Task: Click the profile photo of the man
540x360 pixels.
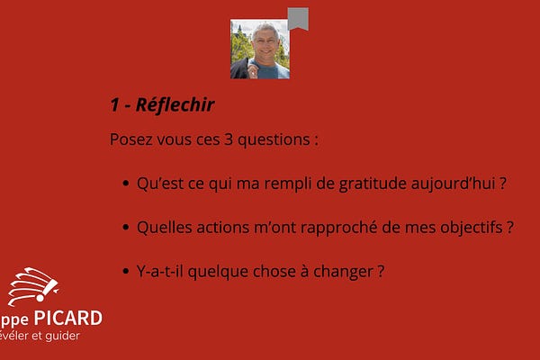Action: pos(260,49)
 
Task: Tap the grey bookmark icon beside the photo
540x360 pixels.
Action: pos(299,19)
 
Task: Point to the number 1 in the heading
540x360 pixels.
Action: pos(115,104)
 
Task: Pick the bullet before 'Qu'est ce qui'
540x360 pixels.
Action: pos(124,184)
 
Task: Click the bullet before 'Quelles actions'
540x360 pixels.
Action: pos(124,228)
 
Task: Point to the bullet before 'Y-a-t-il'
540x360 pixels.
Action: pos(124,271)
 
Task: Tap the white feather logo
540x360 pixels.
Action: pos(32,287)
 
